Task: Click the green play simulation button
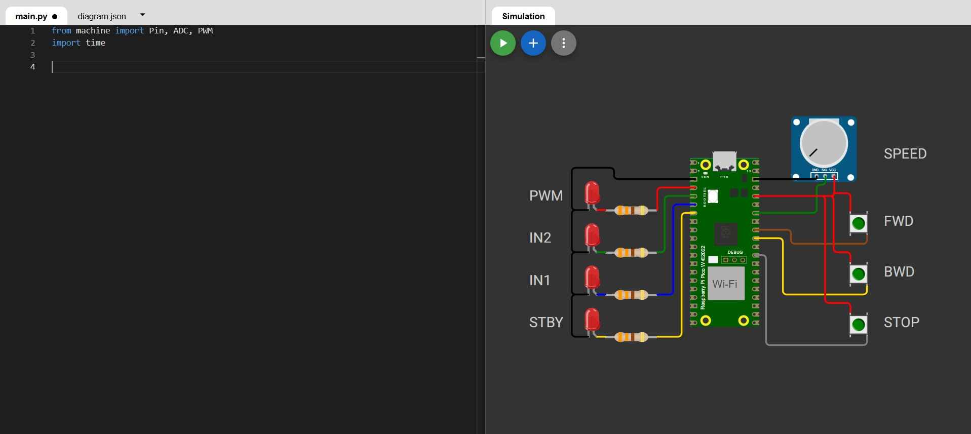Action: point(502,43)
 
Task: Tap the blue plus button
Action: point(533,43)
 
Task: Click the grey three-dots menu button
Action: point(563,43)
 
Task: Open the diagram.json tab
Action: point(102,16)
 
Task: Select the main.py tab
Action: point(31,16)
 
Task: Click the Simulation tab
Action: point(523,16)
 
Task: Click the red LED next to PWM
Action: point(592,193)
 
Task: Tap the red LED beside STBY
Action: point(592,320)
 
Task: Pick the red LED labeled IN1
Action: point(592,278)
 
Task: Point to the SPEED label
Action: point(905,154)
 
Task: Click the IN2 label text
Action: point(540,238)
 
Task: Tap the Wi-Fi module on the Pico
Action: point(725,284)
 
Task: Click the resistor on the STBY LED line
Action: point(631,337)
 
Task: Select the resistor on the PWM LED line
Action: point(631,210)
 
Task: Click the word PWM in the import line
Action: point(205,31)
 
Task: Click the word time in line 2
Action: point(95,43)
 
